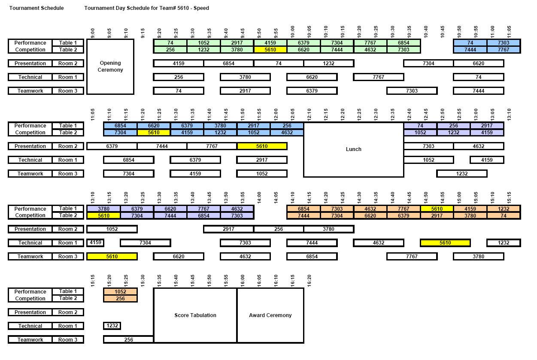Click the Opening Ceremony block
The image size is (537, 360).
coord(110,67)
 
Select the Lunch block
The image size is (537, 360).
coord(353,149)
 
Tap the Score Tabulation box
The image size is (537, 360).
coord(195,315)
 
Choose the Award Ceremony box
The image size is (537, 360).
coord(270,315)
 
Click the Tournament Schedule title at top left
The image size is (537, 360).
coord(36,8)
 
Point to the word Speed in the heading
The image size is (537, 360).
coord(201,8)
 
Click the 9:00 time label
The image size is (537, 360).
coord(93,33)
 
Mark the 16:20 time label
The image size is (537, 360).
coord(309,281)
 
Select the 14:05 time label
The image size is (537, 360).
coord(276,198)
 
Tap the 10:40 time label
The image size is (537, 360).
coord(426,32)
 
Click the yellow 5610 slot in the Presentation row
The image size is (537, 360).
coord(262,146)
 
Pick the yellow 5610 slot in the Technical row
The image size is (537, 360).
coord(445,243)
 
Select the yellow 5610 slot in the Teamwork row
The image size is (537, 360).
coord(112,257)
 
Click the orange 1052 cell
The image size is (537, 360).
coord(120,292)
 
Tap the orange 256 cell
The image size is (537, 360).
coord(120,299)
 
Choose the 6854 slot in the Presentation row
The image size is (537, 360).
coord(228,64)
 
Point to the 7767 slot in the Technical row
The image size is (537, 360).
coord(378,77)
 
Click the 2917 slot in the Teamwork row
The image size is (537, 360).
coord(245,91)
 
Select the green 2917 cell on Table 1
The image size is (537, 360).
coord(237,43)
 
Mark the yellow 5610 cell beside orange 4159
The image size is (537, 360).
coord(437,209)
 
